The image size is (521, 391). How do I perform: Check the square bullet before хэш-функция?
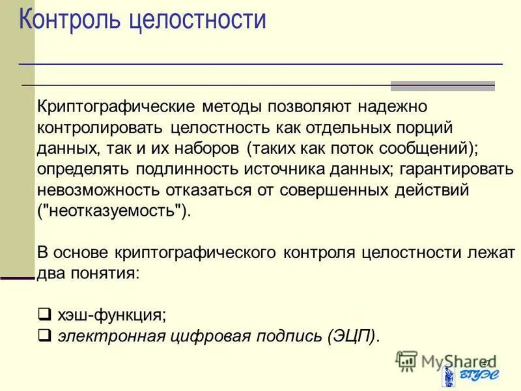tap(44, 315)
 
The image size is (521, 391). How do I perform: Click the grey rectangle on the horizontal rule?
tap(442, 86)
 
